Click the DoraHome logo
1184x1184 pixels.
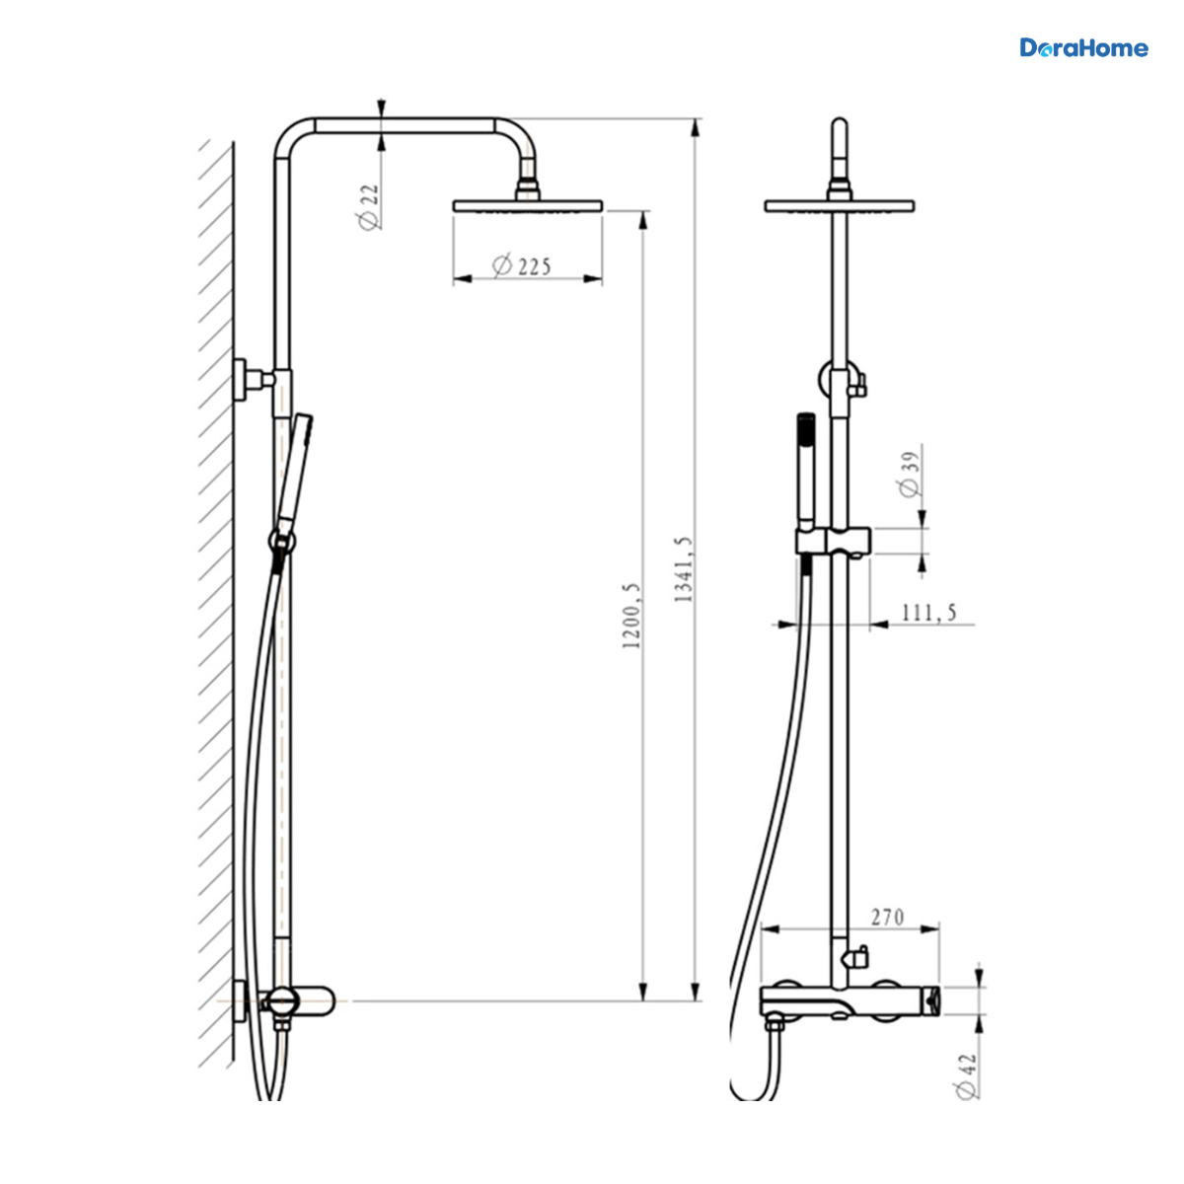click(1083, 48)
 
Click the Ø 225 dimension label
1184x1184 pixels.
click(522, 265)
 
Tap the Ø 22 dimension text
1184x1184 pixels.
click(370, 207)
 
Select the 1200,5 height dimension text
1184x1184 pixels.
click(631, 617)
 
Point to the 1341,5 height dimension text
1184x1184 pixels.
click(683, 569)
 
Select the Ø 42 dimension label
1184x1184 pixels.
click(966, 1076)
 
